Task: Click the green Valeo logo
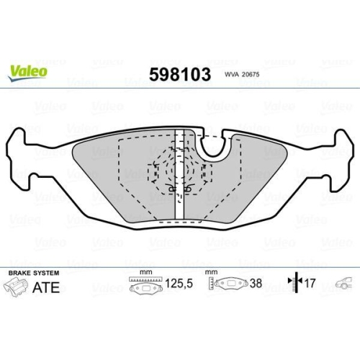[28, 71]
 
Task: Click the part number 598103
[179, 74]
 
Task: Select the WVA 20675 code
[240, 74]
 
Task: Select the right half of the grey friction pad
[245, 180]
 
